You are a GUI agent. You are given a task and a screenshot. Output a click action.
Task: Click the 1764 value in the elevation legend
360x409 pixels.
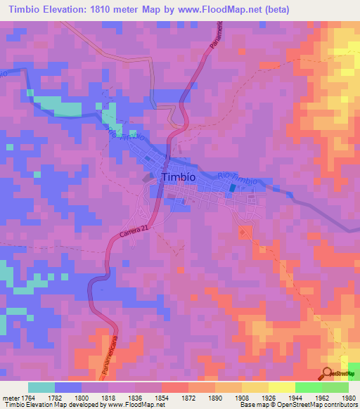coord(27,398)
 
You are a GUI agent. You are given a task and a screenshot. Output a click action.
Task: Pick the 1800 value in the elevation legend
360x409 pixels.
coord(81,398)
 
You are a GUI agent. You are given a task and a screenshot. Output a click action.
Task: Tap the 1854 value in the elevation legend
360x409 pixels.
coord(161,398)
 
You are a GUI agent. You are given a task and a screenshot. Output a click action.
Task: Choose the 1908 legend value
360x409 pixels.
coord(241,398)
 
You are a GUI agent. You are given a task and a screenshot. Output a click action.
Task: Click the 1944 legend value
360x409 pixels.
coord(295,398)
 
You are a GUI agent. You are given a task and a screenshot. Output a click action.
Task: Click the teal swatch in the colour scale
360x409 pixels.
coord(41,387)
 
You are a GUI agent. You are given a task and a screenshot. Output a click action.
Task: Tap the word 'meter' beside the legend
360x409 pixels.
coord(10,398)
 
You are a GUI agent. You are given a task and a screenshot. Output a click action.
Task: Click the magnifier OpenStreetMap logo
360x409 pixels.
coord(329,373)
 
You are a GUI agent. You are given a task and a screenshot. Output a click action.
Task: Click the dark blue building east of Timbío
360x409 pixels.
coord(233,187)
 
